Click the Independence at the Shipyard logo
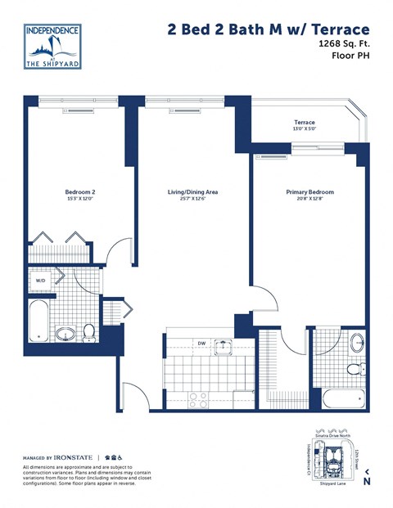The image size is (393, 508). (x=53, y=46)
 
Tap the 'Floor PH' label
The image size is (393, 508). (x=355, y=59)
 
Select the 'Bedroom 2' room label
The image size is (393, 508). (x=80, y=195)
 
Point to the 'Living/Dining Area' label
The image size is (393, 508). (x=192, y=195)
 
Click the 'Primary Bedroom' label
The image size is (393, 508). (x=309, y=195)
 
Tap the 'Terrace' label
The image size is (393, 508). (x=304, y=123)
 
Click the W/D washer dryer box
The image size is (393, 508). (x=40, y=281)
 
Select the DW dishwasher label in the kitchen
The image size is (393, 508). (x=201, y=344)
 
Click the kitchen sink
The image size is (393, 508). (x=223, y=347)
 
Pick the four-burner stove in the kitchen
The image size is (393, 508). (x=198, y=399)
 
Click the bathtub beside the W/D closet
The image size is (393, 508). (x=37, y=321)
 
